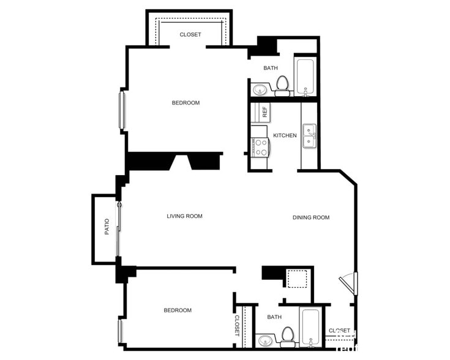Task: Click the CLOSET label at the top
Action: pyautogui.click(x=190, y=35)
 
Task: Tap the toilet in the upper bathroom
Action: pyautogui.click(x=282, y=86)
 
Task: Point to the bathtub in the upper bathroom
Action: pyautogui.click(x=305, y=77)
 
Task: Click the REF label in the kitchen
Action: pyautogui.click(x=264, y=112)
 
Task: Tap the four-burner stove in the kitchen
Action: pyautogui.click(x=260, y=147)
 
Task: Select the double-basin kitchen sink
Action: pyautogui.click(x=310, y=136)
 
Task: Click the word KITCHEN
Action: pyautogui.click(x=285, y=135)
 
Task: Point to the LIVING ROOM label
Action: pyautogui.click(x=184, y=216)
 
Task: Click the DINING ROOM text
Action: pyautogui.click(x=311, y=217)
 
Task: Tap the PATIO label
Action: pyautogui.click(x=107, y=228)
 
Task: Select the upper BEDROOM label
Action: pyautogui.click(x=186, y=103)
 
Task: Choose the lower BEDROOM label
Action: pyautogui.click(x=178, y=310)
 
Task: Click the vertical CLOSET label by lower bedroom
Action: pyautogui.click(x=238, y=326)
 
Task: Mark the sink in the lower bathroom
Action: pyautogui.click(x=265, y=340)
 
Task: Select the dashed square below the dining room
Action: pyautogui.click(x=297, y=279)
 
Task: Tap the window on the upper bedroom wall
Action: pyautogui.click(x=121, y=110)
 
